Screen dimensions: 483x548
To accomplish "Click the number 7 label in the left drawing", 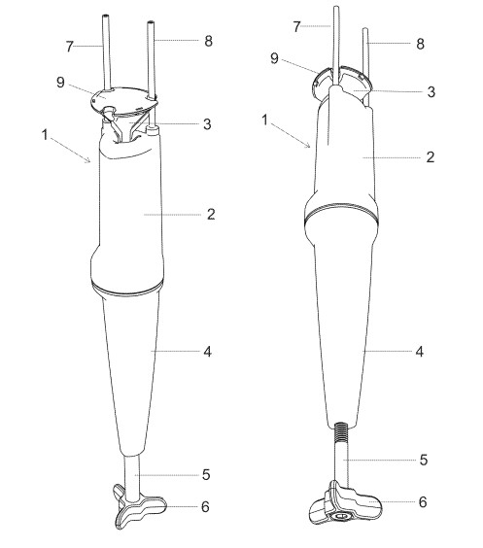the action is pos(70,47).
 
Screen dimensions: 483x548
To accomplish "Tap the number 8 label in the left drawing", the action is pos(208,41).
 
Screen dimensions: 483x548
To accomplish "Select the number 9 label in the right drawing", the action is pos(275,58).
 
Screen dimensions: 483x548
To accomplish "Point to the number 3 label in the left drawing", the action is pos(207,124).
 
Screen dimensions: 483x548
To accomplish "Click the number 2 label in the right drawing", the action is pos(431,157).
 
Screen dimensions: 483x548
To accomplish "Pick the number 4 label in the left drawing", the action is pos(208,352).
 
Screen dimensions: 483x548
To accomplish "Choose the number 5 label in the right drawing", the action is pos(424,460).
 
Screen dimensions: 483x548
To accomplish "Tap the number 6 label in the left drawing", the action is pos(205,506).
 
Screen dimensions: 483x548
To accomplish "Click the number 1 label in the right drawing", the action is pos(264,120).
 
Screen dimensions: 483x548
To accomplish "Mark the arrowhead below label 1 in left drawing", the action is pos(88,160).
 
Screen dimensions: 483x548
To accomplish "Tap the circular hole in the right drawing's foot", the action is pos(339,516).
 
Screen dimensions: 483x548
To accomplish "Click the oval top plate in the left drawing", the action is pos(123,100).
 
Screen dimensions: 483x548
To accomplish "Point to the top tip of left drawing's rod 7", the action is pos(106,16).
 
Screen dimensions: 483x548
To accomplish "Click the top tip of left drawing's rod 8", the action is pos(151,22).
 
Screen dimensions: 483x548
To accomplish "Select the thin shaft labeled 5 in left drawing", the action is pos(132,475).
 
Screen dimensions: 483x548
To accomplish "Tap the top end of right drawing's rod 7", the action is pos(335,7).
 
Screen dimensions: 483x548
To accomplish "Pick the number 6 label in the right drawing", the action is pos(423,502).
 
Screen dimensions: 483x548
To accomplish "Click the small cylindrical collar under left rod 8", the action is pos(154,131).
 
